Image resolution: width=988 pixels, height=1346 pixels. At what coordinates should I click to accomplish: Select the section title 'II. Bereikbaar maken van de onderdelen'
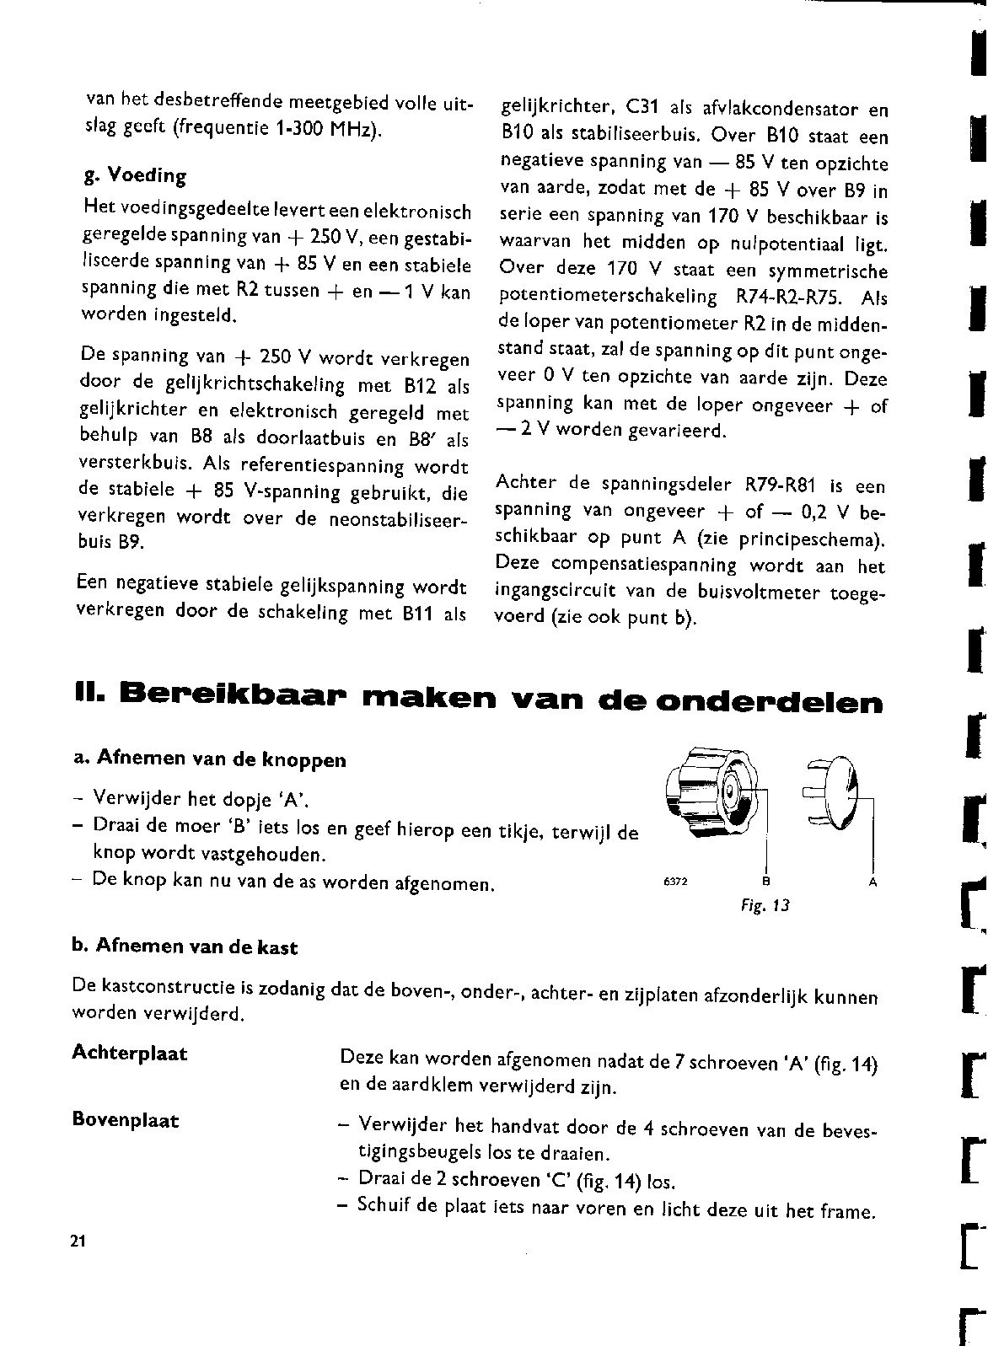point(478,700)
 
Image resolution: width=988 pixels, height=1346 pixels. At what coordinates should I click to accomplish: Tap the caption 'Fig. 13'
point(765,906)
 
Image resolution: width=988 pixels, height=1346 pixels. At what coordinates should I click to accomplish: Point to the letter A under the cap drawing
point(873,882)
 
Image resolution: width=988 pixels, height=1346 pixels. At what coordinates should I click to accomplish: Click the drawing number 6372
point(676,882)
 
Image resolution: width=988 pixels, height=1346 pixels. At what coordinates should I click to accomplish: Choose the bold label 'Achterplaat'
point(130,1054)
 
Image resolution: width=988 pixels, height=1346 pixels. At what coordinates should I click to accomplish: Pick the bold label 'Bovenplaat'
point(126,1121)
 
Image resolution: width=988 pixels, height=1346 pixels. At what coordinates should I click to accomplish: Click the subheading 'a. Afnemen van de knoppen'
point(210,759)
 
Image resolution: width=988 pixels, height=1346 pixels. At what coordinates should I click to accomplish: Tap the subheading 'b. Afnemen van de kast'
point(185,947)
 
